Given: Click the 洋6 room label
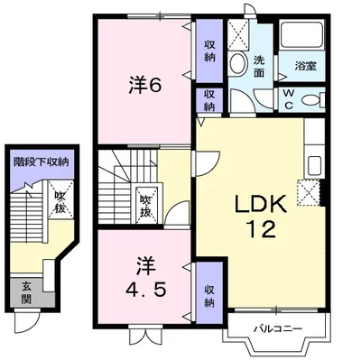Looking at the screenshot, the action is [x=145, y=85].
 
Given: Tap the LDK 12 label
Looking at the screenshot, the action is [x=261, y=217].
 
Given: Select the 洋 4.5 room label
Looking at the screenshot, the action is [x=145, y=278].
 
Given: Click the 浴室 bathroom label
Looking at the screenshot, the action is [x=305, y=66].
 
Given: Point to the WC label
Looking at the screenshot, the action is [x=288, y=99].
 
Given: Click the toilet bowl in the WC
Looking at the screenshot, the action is [x=313, y=100].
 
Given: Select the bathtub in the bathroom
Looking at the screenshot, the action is [x=301, y=34].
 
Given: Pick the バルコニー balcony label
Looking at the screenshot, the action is [x=277, y=328].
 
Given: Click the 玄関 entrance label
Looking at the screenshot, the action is [x=26, y=292].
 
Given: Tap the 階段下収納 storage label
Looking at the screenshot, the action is [x=42, y=162].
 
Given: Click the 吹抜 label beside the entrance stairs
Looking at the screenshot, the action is [x=60, y=202].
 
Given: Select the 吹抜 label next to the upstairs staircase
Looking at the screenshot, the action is [x=146, y=206].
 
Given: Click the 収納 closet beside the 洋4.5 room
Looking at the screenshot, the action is [x=209, y=296].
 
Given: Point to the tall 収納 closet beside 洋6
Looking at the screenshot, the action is [x=209, y=51].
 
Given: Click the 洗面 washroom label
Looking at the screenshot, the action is [x=259, y=66].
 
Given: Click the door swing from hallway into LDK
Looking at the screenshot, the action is [x=208, y=164].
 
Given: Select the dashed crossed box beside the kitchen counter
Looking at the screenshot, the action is [x=309, y=192].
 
